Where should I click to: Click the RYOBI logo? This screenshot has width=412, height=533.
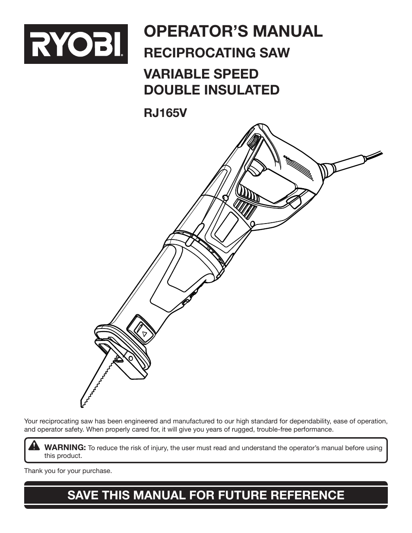76,44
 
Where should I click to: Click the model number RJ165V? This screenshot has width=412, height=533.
165,113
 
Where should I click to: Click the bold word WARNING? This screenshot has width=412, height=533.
65,448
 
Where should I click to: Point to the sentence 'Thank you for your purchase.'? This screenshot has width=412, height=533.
68,471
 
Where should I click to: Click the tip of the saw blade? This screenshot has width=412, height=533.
82,404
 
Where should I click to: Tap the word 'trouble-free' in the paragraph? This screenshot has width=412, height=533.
274,429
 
